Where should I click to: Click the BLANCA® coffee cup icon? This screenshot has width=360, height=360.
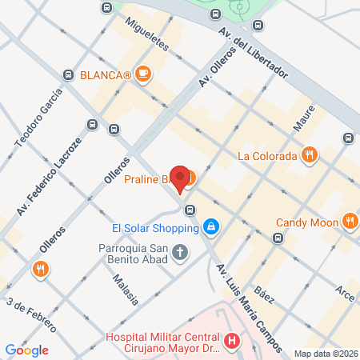143,75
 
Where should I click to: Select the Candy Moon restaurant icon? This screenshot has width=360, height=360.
349,222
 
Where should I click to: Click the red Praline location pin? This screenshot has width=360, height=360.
182,180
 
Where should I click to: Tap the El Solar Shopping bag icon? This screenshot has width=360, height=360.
210,227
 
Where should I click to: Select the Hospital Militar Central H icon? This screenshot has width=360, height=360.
233,342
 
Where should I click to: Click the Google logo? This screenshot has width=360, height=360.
26,350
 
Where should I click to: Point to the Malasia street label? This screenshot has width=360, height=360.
126,288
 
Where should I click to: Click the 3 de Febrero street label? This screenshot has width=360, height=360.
32,315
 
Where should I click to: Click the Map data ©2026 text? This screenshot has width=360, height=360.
325,354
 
